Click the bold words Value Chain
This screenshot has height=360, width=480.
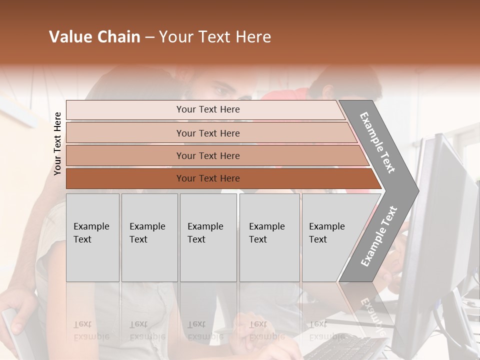click(94, 37)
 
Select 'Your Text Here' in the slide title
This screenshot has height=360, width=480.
click(215, 37)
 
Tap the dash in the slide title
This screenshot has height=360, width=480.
click(149, 37)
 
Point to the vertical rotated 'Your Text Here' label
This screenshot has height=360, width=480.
click(57, 143)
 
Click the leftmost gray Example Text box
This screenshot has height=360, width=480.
click(92, 237)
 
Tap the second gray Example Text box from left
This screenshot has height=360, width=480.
click(149, 237)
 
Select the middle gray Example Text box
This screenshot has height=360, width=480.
click(208, 237)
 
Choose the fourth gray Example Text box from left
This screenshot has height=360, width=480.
click(269, 237)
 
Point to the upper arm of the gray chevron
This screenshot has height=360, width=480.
click(378, 142)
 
